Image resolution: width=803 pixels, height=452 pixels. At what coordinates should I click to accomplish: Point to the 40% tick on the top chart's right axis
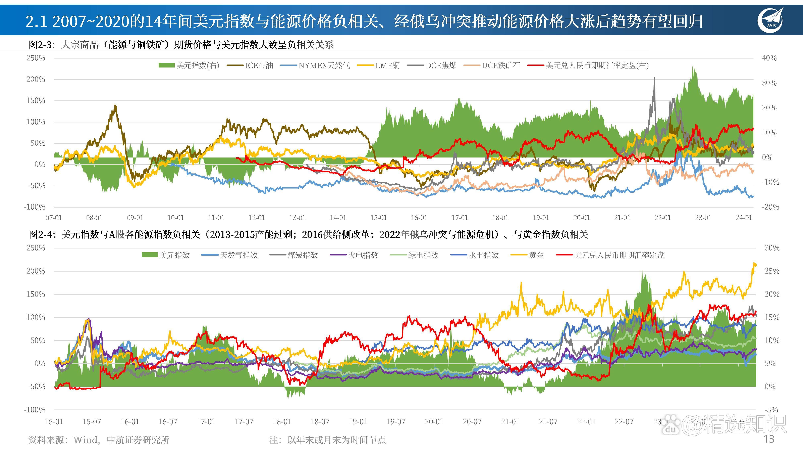coord(769,58)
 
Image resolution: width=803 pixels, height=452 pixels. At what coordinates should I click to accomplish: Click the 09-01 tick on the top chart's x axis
coord(135,218)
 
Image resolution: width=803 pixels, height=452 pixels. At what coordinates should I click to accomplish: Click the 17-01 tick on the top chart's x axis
coord(460,218)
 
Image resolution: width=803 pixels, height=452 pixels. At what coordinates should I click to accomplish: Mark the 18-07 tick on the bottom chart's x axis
coord(320,422)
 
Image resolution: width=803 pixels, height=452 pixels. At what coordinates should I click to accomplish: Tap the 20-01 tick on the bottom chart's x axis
coord(434,422)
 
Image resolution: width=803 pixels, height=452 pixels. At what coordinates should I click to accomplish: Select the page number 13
coord(768,439)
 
